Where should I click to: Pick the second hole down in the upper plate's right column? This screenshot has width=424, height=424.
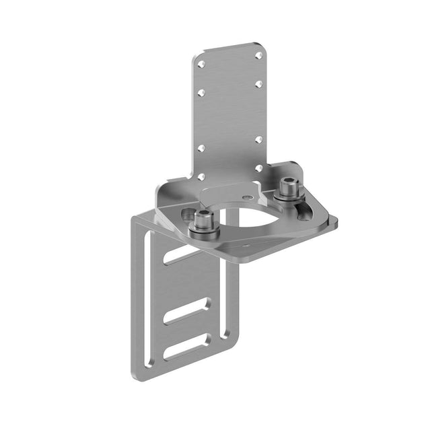tap(258, 84)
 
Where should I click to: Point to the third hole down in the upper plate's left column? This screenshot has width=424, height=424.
tap(201, 148)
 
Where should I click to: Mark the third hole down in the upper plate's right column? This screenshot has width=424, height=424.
tap(258, 140)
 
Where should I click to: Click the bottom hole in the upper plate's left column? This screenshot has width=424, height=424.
tap(201, 176)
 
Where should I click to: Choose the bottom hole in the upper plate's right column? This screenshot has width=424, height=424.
tap(258, 168)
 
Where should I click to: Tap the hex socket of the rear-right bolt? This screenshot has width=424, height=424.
tap(288, 182)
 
